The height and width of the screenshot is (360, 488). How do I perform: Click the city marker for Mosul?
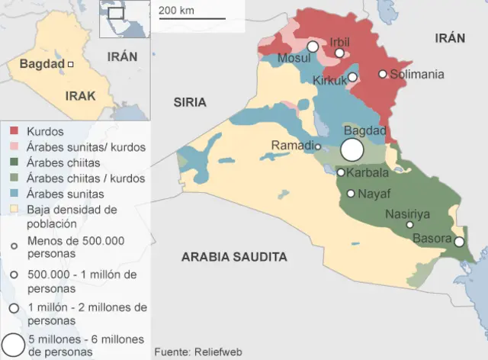(x=312, y=47)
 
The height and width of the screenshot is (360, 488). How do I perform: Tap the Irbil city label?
(x=339, y=41)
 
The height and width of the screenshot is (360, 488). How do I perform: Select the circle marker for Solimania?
(x=383, y=74)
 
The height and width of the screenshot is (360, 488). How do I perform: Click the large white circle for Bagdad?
(x=352, y=149)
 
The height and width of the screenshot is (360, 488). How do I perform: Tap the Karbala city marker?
(x=341, y=172)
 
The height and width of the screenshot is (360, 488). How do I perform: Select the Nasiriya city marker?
(x=409, y=224)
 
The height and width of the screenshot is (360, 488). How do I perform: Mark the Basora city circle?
(x=459, y=242)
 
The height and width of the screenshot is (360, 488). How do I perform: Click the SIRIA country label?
(x=190, y=101)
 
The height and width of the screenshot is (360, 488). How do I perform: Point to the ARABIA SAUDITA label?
(x=234, y=257)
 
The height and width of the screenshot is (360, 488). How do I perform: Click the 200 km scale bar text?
(x=176, y=10)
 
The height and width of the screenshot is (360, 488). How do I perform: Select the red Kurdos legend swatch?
(x=14, y=132)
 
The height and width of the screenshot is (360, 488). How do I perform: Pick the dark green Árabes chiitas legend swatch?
(x=14, y=162)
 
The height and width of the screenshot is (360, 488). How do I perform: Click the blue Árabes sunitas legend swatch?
(x=14, y=194)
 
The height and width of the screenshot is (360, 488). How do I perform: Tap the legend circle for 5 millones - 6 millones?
(x=13, y=344)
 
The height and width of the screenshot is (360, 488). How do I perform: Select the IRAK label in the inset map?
(x=81, y=96)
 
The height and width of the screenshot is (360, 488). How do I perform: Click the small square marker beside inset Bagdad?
(x=70, y=65)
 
